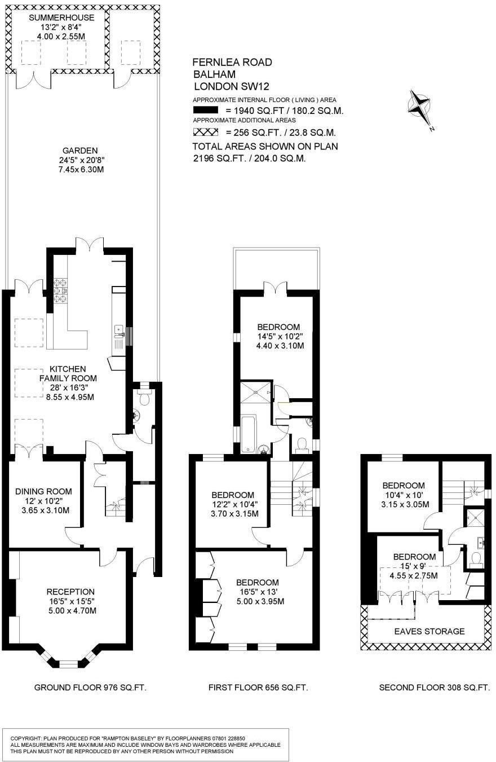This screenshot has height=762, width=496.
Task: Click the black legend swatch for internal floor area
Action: [x=206, y=111]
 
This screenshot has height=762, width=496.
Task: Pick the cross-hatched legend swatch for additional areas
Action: [x=206, y=133]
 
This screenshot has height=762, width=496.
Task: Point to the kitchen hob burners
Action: [x=60, y=291]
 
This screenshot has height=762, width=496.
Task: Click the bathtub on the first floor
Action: [x=249, y=434]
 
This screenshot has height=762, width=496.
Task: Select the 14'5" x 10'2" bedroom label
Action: [x=278, y=336]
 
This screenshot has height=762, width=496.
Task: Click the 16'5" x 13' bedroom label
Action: [x=257, y=592]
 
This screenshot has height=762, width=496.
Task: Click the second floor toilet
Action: [x=475, y=559]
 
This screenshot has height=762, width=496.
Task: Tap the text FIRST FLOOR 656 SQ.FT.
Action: [x=258, y=688]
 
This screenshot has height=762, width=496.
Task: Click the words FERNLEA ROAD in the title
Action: [x=232, y=62]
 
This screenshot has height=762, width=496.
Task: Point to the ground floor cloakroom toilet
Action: [x=144, y=399]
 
